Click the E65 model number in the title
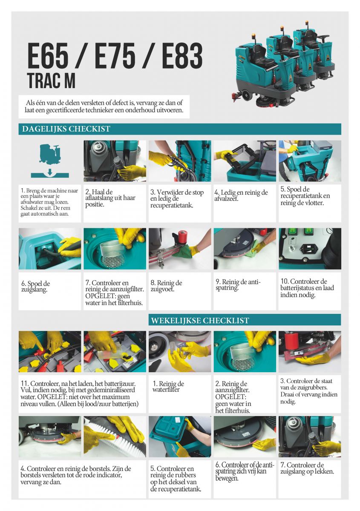(x=48, y=56)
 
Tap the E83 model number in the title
(x=182, y=56)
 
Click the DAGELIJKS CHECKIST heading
(x=66, y=129)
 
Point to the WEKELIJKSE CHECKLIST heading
(x=200, y=320)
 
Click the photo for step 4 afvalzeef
(x=245, y=161)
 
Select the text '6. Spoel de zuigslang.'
(x=36, y=287)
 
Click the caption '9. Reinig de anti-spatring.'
(x=238, y=285)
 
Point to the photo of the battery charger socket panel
(x=310, y=249)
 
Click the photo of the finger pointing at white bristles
(x=115, y=436)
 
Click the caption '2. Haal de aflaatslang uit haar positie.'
(x=110, y=198)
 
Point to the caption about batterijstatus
(x=307, y=288)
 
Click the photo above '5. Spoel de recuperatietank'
(x=310, y=161)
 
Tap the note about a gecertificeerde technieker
(x=104, y=106)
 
